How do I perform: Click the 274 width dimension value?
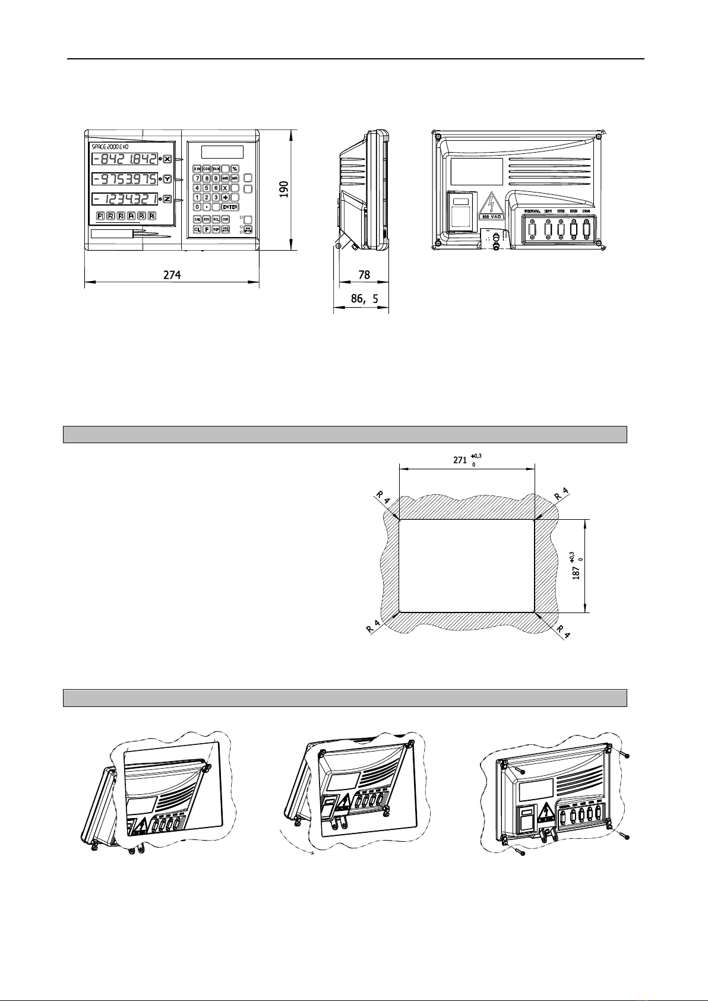[x=172, y=275]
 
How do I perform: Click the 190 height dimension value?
[x=285, y=190]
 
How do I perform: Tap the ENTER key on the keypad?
[x=230, y=207]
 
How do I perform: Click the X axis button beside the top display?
[x=167, y=159]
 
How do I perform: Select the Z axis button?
[x=167, y=199]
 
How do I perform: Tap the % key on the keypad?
[x=234, y=169]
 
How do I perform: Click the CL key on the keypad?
[x=197, y=229]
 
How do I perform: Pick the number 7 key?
[x=197, y=178]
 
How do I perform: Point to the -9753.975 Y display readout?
[x=125, y=179]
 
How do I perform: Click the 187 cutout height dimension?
[x=576, y=573]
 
